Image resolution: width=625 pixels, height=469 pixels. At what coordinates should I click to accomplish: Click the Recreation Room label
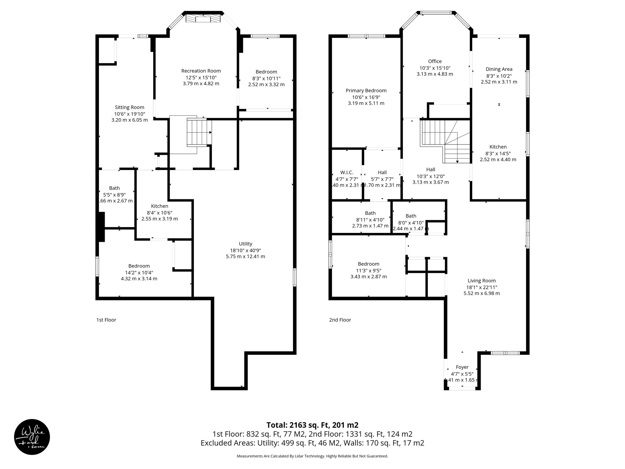[x=201, y=71]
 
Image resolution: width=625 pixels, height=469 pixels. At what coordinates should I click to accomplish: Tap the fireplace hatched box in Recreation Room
[x=203, y=19]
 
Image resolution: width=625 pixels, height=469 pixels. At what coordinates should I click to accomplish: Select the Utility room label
[x=245, y=244]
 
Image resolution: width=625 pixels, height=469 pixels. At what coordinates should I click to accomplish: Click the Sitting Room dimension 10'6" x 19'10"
[x=129, y=114]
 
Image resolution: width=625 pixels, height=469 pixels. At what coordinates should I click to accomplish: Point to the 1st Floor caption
[x=106, y=320]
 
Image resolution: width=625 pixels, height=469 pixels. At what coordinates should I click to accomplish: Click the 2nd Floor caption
[x=340, y=320]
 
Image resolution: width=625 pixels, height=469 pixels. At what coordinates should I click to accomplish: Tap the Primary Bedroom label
[x=366, y=90]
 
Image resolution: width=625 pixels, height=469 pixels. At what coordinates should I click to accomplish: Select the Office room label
[x=435, y=61]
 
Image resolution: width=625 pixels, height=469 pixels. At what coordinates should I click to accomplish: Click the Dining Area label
[x=499, y=69]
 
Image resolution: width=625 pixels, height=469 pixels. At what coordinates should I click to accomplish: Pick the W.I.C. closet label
[x=347, y=173]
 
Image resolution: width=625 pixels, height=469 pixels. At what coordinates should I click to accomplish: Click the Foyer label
[x=462, y=367]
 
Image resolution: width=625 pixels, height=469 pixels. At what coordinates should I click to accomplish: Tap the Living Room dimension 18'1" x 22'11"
[x=482, y=287]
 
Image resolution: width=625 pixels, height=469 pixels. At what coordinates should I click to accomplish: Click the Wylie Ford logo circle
[x=32, y=437]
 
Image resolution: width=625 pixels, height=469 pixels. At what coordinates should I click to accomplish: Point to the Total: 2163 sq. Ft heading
[x=312, y=425]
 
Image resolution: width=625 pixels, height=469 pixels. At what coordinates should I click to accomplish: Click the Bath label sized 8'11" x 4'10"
[x=370, y=213]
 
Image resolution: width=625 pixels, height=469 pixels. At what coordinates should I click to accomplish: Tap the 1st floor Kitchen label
[x=159, y=206]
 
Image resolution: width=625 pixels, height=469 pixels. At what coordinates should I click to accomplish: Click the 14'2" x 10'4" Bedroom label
[x=139, y=266]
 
